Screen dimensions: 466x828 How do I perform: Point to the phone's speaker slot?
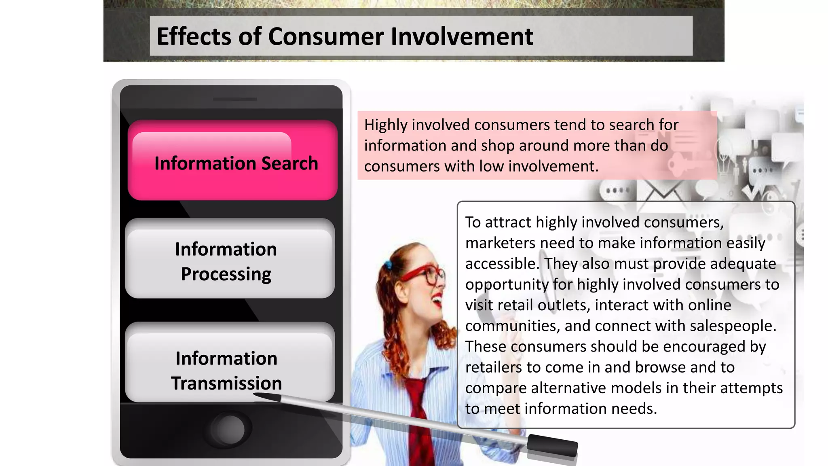pos(235,99)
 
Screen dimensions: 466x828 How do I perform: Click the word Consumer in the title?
pos(325,36)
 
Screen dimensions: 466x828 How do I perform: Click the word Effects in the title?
pos(194,36)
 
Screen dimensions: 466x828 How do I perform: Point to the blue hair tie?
pos(389,265)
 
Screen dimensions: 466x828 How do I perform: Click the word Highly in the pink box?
pos(385,125)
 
